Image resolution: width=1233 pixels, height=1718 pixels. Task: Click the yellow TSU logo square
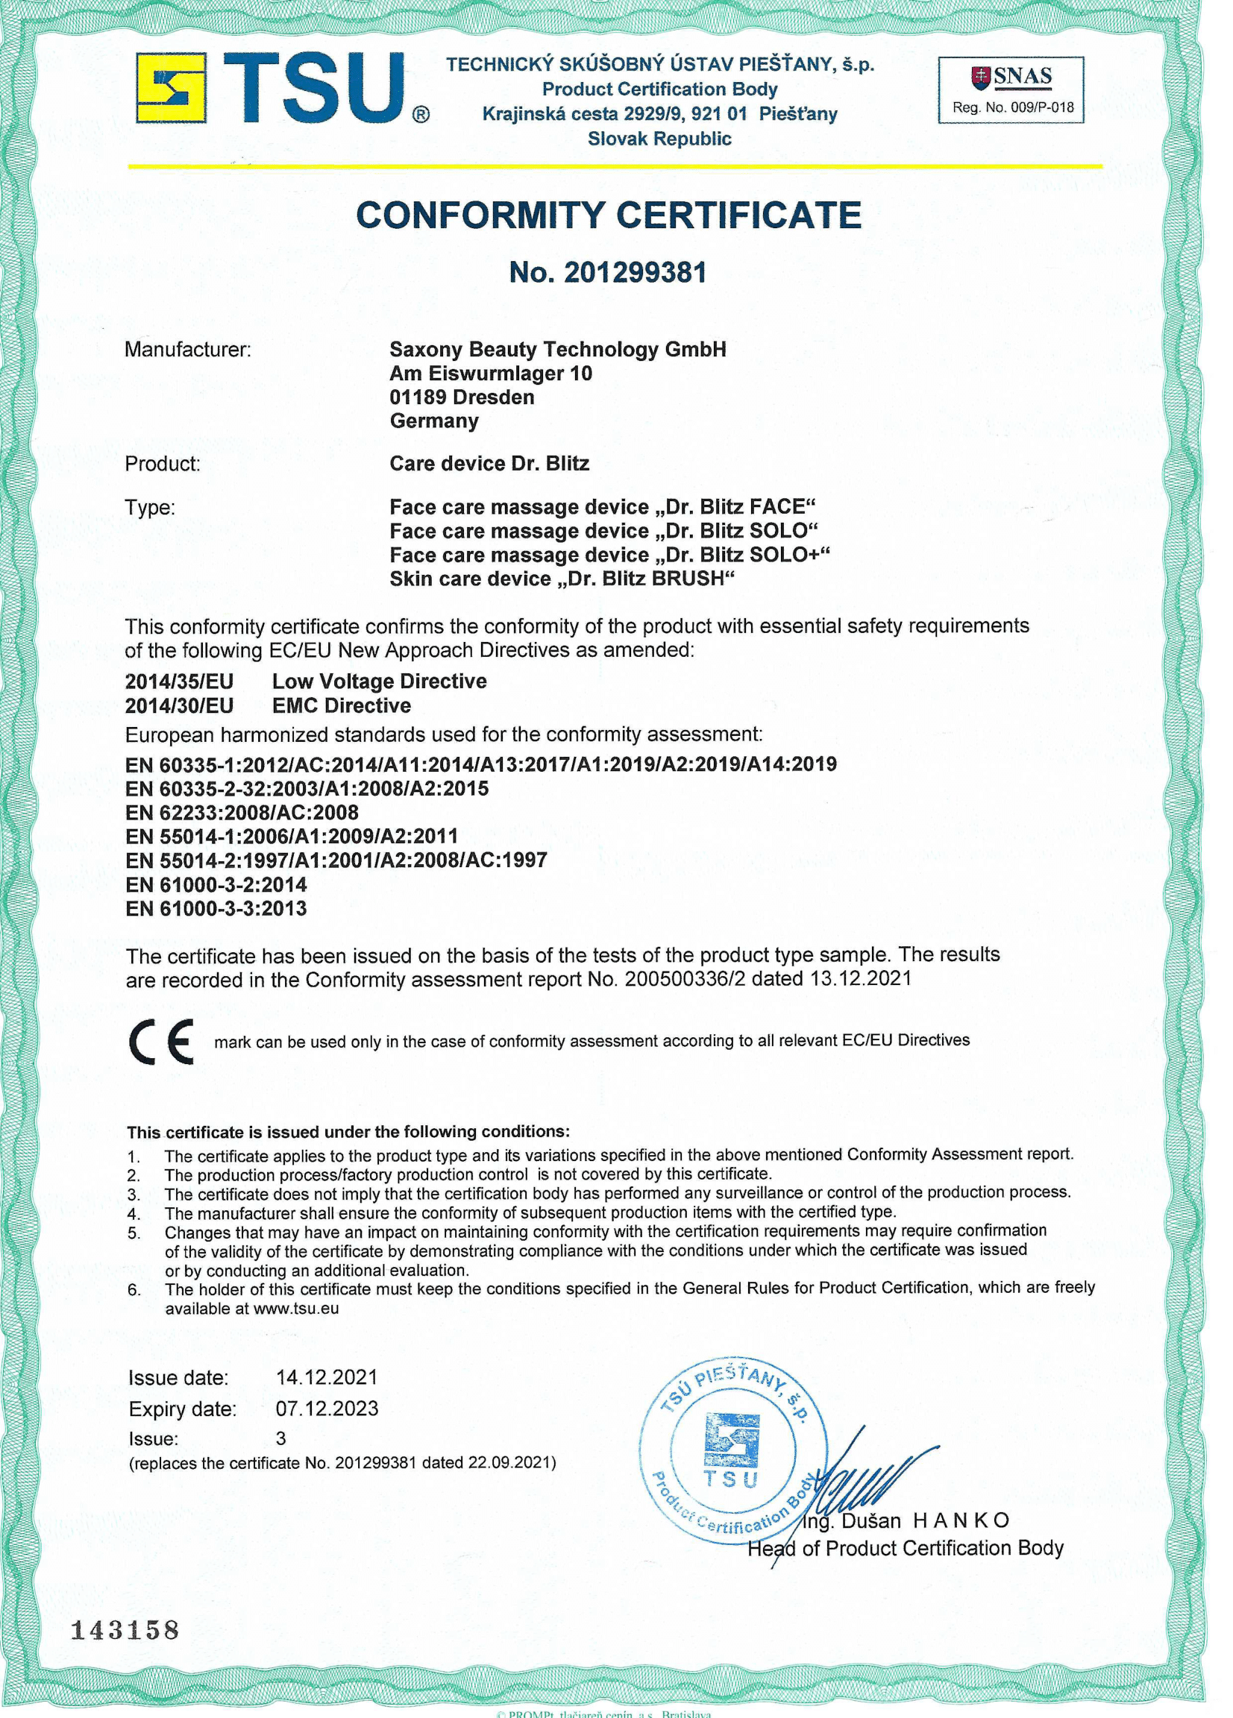pos(172,88)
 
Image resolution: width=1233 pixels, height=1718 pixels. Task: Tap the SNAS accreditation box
pos(1011,90)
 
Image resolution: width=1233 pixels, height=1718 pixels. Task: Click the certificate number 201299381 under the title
pos(608,272)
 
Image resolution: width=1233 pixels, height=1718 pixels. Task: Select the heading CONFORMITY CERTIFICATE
pos(608,215)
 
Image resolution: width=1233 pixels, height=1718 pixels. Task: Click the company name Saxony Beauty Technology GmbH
pos(558,349)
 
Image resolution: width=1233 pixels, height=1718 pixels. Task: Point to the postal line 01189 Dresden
pos(462,397)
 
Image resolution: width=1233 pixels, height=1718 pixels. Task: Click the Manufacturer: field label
pos(187,349)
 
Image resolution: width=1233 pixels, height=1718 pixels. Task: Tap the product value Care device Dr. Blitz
pos(489,464)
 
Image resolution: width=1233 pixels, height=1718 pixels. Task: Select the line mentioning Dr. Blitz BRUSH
pos(562,579)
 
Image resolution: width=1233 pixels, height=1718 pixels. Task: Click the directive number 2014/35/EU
pos(179,681)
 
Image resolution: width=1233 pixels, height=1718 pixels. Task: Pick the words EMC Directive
pos(341,705)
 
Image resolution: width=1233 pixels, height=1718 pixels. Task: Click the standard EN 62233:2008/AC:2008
pos(242,812)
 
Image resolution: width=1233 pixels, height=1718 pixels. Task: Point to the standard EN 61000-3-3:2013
pos(216,908)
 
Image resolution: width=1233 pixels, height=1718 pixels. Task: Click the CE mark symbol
pos(160,1042)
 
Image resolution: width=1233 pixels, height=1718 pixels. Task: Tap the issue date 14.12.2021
pos(326,1376)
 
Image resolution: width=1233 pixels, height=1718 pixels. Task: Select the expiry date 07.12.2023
pos(327,1409)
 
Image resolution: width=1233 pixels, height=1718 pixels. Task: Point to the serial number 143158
pos(125,1629)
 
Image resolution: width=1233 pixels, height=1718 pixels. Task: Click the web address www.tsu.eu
pos(295,1308)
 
